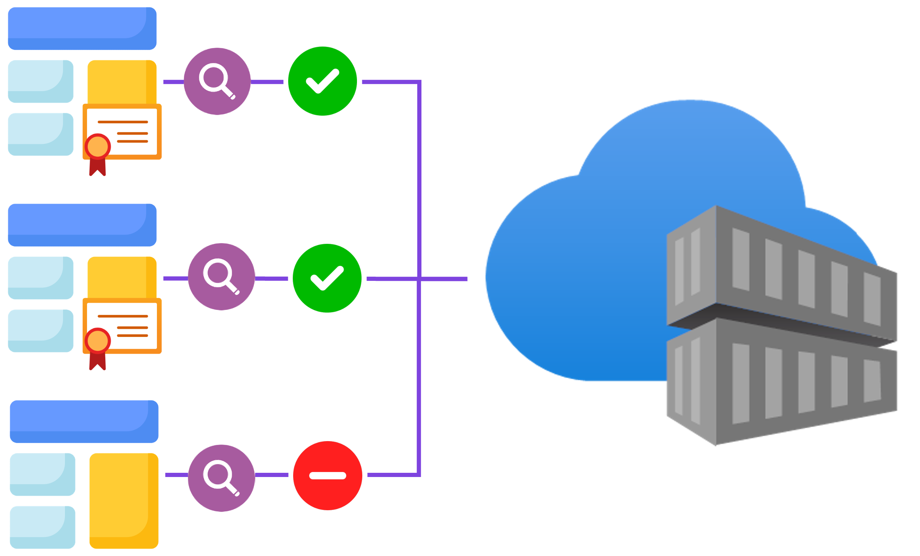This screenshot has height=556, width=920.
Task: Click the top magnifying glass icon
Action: pos(217,81)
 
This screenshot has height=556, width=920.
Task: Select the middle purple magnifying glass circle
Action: pos(221,276)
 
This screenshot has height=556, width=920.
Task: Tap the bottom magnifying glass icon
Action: pos(221,478)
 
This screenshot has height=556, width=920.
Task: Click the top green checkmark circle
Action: pos(323,81)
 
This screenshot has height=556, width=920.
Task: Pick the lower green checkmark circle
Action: pos(327,278)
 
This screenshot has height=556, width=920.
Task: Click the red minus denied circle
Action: pos(328,475)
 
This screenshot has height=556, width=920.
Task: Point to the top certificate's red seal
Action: pos(98,147)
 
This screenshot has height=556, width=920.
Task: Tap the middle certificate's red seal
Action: pos(98,341)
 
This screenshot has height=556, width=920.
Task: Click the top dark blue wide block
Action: pos(82,28)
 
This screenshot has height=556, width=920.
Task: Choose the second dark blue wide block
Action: pos(82,224)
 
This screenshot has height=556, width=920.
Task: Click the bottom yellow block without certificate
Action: pos(124,500)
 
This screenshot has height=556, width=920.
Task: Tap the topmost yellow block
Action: pos(121,81)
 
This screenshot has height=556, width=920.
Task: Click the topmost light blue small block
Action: pos(40,81)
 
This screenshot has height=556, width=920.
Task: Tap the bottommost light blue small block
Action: pos(42,527)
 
